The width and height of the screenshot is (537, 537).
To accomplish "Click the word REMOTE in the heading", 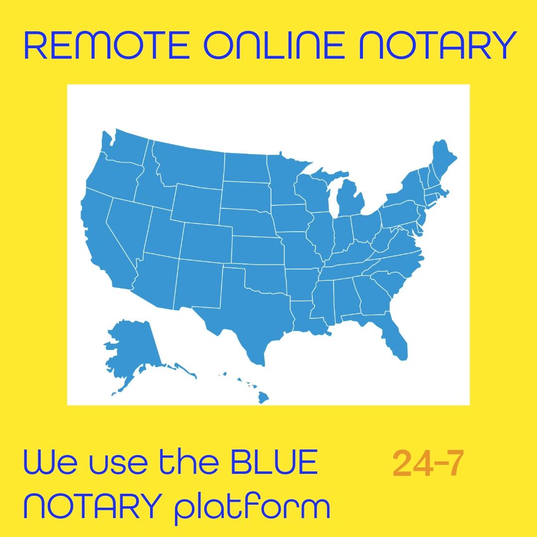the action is click(106, 45).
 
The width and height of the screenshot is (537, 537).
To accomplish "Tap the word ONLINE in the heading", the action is click(274, 45).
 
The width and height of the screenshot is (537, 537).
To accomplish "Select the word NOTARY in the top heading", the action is click(438, 45).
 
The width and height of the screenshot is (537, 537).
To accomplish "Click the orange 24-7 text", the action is click(428, 463).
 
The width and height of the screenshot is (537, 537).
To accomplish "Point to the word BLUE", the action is click(274, 461).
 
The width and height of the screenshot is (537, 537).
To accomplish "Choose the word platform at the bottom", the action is click(252, 508).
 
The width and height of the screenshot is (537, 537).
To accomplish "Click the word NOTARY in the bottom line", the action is click(93, 506).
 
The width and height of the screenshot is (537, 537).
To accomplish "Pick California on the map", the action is click(103, 240).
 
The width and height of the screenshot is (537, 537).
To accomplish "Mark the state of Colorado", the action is click(206, 243).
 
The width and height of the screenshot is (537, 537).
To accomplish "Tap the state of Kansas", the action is click(258, 250).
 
